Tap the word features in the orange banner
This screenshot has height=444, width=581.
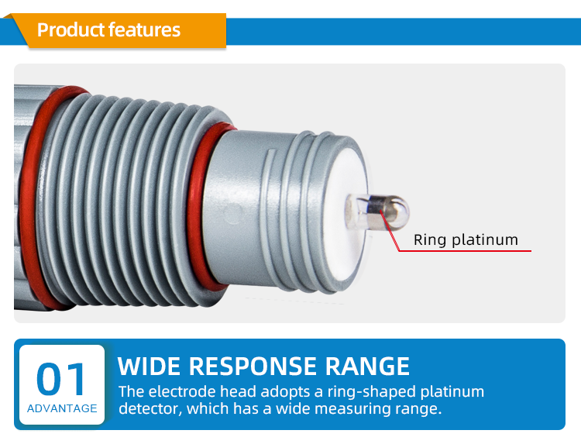tap(144, 30)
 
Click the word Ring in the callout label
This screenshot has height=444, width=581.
tap(429, 239)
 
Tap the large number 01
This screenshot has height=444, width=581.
tap(61, 379)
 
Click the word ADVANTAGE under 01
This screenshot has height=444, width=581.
tap(62, 408)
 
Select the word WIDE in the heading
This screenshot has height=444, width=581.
tap(150, 366)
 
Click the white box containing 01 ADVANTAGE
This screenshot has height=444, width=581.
tap(62, 384)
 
